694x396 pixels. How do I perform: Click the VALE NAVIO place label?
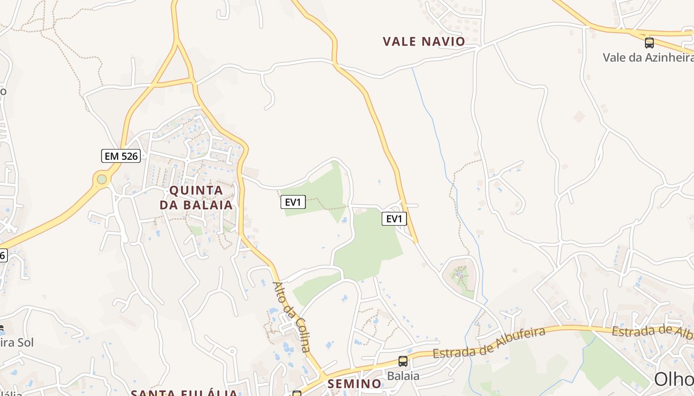[x=424, y=42]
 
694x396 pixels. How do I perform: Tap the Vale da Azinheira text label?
[x=648, y=57]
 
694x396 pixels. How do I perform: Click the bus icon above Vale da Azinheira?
[x=649, y=43]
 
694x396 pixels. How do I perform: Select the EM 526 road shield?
[x=121, y=156]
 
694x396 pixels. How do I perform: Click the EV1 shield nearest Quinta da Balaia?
[x=293, y=202]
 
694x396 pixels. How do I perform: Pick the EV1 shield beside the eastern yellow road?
[x=394, y=219]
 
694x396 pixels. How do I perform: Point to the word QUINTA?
[x=196, y=191]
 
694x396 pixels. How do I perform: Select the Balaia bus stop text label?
[x=403, y=376]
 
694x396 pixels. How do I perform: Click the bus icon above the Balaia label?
[x=403, y=361]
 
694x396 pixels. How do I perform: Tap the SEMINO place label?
[x=354, y=384]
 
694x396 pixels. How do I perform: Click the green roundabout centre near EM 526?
[x=102, y=179]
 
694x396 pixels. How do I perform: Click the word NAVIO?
[x=444, y=42]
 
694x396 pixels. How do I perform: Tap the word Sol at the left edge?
[x=24, y=343]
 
